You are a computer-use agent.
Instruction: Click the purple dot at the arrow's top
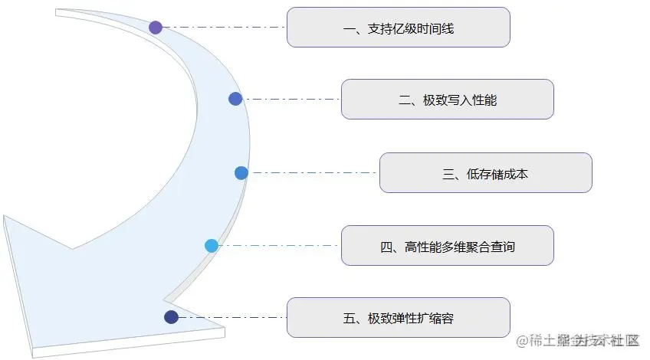(156, 28)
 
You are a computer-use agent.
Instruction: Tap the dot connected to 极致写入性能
(235, 99)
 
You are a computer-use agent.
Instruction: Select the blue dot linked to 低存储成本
(241, 173)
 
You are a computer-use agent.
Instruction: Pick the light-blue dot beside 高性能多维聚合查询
(212, 246)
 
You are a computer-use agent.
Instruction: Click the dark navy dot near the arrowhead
(172, 317)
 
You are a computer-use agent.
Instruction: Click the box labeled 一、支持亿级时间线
(398, 28)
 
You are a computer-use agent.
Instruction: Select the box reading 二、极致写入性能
(447, 100)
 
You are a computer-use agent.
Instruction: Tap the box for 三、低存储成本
(485, 173)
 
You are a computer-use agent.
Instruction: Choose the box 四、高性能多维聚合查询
(447, 246)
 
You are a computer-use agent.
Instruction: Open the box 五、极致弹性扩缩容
(398, 317)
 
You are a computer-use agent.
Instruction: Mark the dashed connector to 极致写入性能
(291, 99)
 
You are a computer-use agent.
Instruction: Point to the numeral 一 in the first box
(349, 29)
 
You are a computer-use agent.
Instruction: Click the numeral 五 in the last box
(349, 318)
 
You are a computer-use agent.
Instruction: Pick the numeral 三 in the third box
(448, 174)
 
